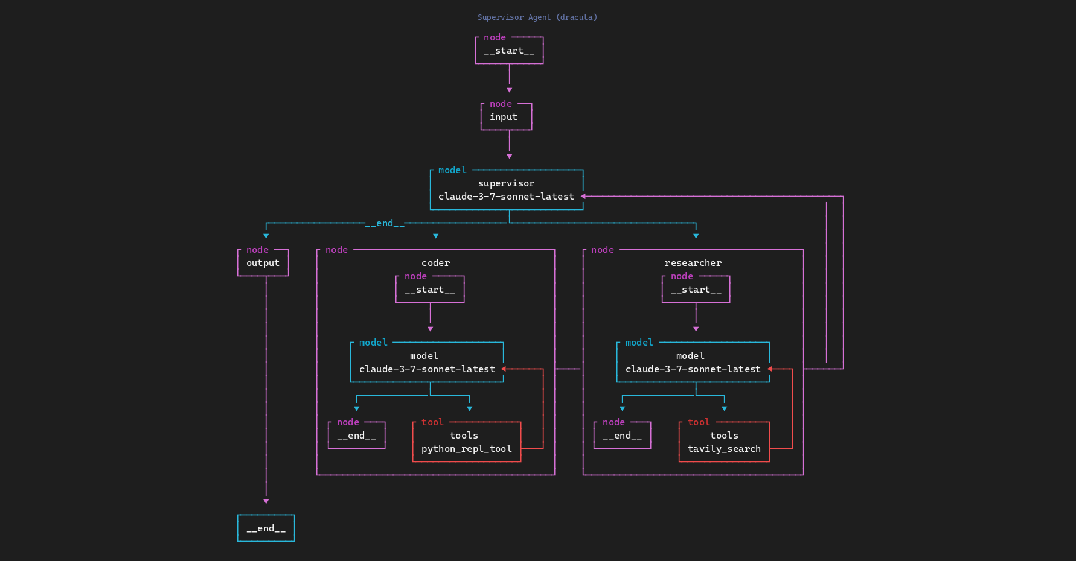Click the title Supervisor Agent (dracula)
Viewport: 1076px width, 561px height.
(537, 17)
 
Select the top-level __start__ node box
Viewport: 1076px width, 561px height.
(509, 51)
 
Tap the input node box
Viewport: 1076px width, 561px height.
(506, 117)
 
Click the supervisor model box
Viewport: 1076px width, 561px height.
(506, 190)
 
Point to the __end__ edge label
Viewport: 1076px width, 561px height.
(385, 223)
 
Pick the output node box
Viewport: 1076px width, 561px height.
(263, 263)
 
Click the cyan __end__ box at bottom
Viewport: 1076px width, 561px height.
(266, 528)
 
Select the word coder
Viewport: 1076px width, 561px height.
(435, 263)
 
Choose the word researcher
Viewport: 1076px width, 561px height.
(693, 263)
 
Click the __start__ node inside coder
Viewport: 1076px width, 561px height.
(429, 290)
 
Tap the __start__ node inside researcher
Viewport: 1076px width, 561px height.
(696, 290)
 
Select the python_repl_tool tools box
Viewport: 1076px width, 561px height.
(466, 442)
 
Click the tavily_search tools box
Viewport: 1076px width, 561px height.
(724, 442)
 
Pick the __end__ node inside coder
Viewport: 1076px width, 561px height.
(356, 436)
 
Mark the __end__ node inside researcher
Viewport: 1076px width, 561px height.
(622, 436)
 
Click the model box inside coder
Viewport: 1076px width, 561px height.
(426, 363)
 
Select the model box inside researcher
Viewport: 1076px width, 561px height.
(693, 363)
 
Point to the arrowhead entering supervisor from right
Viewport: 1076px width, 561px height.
(583, 197)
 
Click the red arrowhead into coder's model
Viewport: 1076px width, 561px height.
(503, 369)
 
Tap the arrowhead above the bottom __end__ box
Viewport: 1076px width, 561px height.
(266, 502)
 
